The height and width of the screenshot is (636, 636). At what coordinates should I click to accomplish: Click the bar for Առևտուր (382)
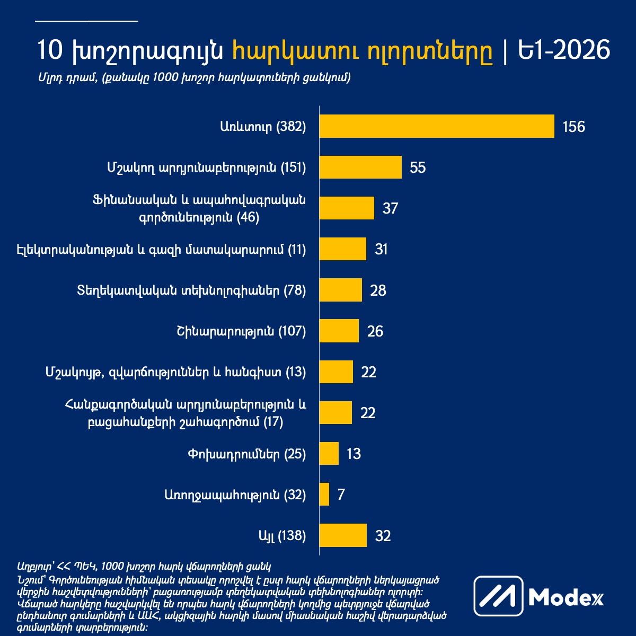click(x=437, y=126)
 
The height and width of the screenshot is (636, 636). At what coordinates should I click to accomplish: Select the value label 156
click(x=574, y=127)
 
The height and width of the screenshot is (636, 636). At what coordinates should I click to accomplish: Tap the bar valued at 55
click(x=360, y=167)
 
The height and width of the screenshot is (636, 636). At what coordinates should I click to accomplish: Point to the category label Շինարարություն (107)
click(x=241, y=331)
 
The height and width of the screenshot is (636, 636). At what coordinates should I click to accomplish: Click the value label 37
click(x=390, y=208)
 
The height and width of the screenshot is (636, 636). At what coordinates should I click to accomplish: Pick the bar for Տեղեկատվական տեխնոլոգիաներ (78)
click(x=340, y=290)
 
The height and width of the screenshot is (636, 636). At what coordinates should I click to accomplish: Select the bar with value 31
click(x=342, y=249)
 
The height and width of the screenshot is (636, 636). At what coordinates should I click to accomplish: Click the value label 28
click(x=378, y=290)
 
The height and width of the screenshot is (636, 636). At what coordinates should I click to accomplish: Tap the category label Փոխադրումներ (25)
click(x=246, y=454)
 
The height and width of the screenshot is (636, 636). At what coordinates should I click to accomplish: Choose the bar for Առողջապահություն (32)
click(x=324, y=494)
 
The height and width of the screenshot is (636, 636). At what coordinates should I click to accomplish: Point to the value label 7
click(x=341, y=495)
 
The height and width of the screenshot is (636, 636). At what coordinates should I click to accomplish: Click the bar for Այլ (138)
click(x=343, y=535)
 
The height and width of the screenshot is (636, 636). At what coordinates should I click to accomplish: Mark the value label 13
click(x=354, y=454)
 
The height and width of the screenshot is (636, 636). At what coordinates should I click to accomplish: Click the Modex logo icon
click(x=498, y=596)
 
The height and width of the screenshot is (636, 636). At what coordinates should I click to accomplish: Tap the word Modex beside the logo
click(x=566, y=597)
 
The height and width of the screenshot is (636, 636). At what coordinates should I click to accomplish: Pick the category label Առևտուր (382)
click(x=263, y=127)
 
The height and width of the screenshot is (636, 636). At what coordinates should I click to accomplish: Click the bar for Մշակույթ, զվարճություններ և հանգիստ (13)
click(x=336, y=372)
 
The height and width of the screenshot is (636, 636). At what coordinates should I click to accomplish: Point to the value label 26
click(x=375, y=332)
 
